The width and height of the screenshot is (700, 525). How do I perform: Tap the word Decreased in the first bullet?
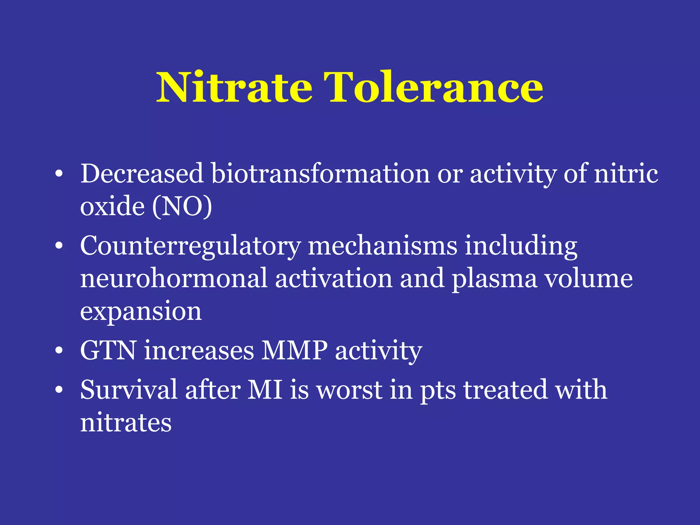click(142, 174)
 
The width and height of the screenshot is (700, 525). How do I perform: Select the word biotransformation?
click(320, 174)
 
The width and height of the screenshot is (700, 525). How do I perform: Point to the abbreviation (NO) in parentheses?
click(182, 206)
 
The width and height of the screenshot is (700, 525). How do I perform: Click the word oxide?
click(112, 206)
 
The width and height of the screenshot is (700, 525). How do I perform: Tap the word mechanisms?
click(382, 246)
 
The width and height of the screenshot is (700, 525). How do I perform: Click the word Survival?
click(129, 390)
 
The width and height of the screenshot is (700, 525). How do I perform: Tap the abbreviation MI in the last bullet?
click(265, 390)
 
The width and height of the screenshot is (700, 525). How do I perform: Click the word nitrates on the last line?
click(126, 423)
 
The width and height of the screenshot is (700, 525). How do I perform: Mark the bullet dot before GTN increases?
click(59, 351)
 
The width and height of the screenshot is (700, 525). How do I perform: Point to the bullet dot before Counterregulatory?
click(59, 246)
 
